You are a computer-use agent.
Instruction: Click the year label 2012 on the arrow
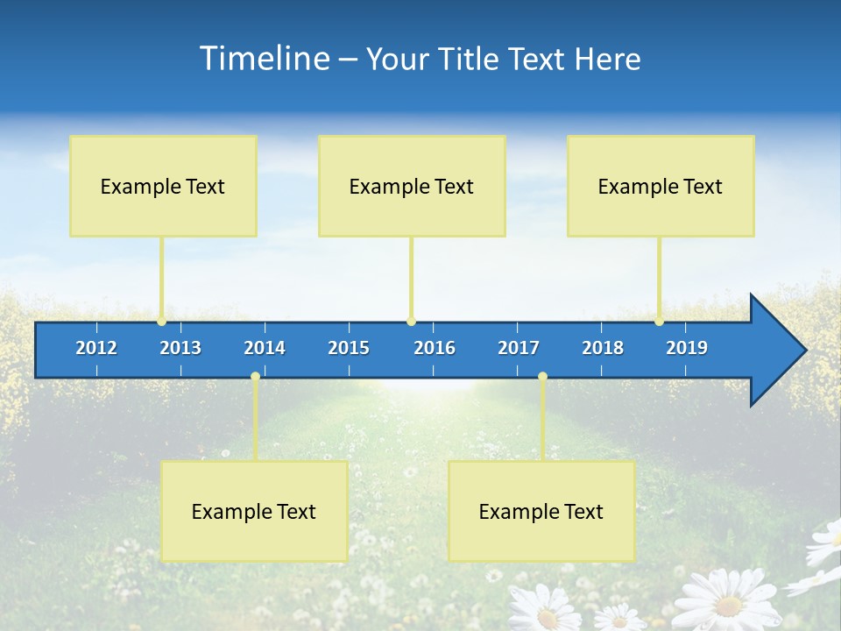point(96,348)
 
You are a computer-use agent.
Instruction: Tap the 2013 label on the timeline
point(180,348)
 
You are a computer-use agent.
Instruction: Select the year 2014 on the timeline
point(265,348)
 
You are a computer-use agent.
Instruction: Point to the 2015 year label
point(349,348)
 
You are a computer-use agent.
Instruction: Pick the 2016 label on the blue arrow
point(435,348)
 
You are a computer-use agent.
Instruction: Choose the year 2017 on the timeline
point(519,348)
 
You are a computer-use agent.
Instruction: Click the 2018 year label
point(603,348)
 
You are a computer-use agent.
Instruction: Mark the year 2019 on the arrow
point(687,348)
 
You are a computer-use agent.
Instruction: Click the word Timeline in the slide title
point(264,59)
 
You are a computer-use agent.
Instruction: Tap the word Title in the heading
point(470,59)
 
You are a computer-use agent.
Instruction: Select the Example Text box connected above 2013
point(163,186)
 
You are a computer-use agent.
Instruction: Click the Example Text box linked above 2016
point(412,186)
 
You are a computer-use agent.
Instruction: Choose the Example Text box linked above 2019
point(661,186)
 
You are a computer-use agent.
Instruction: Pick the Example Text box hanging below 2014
point(254,511)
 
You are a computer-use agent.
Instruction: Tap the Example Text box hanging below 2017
point(541,511)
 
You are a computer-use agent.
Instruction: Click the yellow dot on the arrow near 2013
point(161,322)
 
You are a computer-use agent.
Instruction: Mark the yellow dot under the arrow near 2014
point(255,377)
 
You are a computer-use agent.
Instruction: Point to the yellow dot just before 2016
point(411,322)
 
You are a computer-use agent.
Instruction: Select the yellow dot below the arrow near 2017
point(542,377)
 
